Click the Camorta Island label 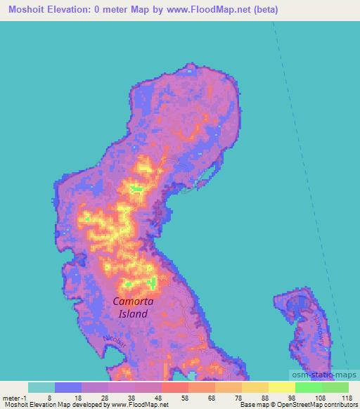point(133,308)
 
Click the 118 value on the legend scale point(347,397)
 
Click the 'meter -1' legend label point(13,397)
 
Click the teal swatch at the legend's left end point(41,387)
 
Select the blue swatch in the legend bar point(68,387)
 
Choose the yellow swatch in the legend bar point(281,387)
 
